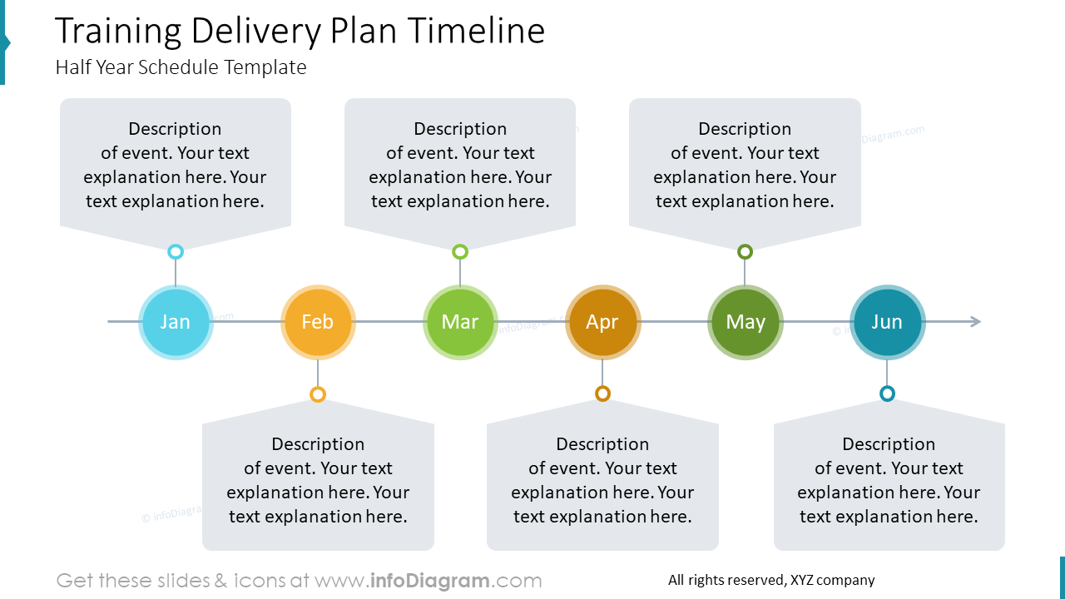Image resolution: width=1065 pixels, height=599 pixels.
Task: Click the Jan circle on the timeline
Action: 176,322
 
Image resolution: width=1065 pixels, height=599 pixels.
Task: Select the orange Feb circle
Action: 318,322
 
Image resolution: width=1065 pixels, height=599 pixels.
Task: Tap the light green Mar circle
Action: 460,322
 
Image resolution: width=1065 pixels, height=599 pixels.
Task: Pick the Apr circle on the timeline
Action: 602,322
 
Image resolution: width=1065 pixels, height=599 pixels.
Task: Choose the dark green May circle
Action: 745,322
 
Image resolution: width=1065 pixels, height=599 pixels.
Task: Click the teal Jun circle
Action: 887,322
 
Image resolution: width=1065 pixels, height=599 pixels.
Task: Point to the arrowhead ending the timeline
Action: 975,322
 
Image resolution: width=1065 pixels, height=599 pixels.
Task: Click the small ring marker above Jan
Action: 176,251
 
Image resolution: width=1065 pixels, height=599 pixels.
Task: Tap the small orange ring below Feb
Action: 318,394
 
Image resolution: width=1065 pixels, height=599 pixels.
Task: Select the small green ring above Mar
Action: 460,251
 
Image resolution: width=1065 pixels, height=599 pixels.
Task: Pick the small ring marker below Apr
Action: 602,394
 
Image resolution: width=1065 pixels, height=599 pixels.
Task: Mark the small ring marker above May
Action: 745,251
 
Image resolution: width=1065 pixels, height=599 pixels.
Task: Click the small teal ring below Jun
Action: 887,394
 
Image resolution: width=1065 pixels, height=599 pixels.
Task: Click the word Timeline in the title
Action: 477,32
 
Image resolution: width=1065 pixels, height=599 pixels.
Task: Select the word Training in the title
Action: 118,32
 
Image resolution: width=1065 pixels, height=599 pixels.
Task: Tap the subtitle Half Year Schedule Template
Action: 181,67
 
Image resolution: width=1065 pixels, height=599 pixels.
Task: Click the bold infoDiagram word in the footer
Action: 428,581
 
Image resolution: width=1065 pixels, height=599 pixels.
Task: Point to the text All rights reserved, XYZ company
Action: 771,580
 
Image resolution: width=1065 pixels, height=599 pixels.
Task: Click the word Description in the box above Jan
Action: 175,129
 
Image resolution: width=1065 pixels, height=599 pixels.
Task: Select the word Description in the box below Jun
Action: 889,444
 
